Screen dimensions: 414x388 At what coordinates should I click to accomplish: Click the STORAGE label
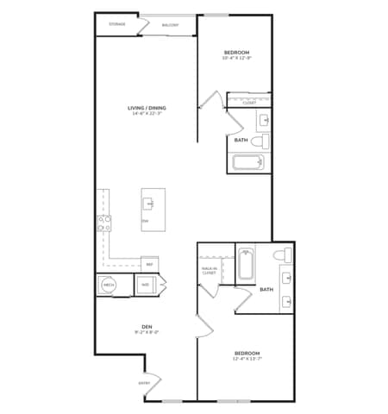pyautogui.click(x=117, y=24)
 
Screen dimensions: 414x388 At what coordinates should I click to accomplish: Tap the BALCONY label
pyautogui.click(x=171, y=25)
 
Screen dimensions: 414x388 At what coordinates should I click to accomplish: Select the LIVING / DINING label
pyautogui.click(x=147, y=108)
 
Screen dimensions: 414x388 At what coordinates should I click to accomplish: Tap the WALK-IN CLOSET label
pyautogui.click(x=209, y=270)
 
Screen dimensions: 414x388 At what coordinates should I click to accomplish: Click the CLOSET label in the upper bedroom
pyautogui.click(x=249, y=103)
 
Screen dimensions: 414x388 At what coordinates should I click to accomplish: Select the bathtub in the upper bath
pyautogui.click(x=250, y=163)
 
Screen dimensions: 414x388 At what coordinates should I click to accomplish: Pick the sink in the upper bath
pyautogui.click(x=264, y=119)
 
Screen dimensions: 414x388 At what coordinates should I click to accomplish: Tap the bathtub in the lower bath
pyautogui.click(x=245, y=264)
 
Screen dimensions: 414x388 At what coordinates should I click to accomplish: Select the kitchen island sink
pyautogui.click(x=149, y=204)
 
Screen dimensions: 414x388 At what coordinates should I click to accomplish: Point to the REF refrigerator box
pyautogui.click(x=149, y=264)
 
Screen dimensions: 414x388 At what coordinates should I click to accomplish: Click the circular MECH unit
pyautogui.click(x=109, y=285)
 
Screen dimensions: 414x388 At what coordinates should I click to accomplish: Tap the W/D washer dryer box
pyautogui.click(x=146, y=285)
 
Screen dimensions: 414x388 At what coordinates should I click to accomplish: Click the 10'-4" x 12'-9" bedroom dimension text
pyautogui.click(x=238, y=59)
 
